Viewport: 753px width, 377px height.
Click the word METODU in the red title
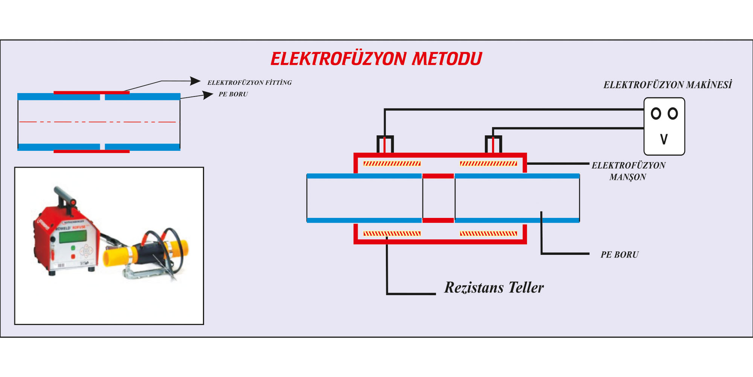(x=447, y=59)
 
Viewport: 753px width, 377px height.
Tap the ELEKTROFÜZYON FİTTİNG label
(x=249, y=83)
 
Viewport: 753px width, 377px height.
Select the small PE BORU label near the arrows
(x=233, y=94)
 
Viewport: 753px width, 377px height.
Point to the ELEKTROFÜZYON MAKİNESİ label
(x=667, y=85)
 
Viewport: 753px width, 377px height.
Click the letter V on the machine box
(x=664, y=139)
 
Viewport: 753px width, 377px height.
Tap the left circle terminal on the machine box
(x=656, y=113)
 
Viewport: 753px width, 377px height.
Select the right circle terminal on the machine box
(x=673, y=113)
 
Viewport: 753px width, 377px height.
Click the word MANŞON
(x=627, y=177)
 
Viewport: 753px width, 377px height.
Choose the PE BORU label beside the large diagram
(x=619, y=255)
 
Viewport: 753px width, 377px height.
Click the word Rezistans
(x=474, y=288)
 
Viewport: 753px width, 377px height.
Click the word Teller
(x=526, y=288)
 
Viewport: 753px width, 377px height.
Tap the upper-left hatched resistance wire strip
(x=392, y=164)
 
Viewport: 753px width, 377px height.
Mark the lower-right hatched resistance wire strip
(x=488, y=234)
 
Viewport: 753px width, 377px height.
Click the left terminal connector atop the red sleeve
(x=385, y=144)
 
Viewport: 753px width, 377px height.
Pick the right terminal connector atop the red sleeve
(x=493, y=144)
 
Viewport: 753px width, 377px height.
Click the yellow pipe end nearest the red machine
(x=111, y=258)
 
